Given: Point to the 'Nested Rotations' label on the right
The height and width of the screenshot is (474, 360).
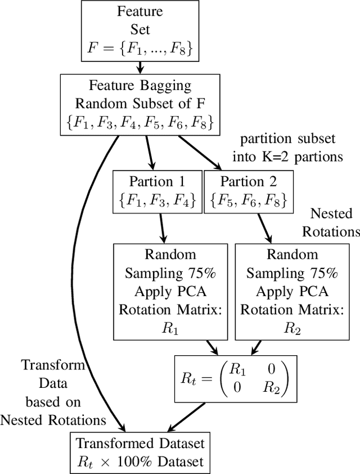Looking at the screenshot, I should coord(335,222).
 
